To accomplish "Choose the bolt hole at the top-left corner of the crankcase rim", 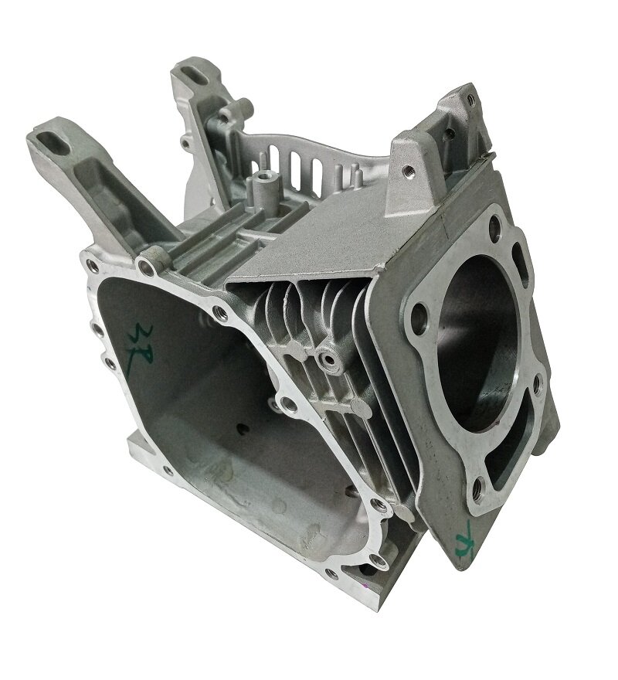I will point(90,267).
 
